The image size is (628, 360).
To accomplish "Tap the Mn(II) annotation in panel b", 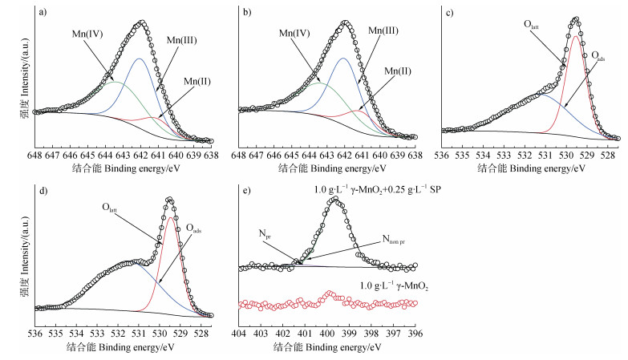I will (x=398, y=71).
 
